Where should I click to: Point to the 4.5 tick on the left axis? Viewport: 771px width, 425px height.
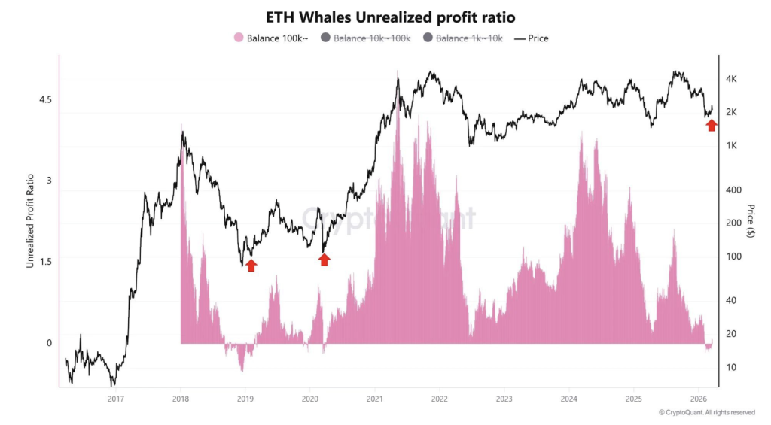coord(45,99)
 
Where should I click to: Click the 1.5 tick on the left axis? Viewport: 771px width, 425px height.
coord(45,262)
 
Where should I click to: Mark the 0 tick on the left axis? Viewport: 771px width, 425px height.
coord(49,343)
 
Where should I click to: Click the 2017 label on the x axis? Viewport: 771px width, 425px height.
coord(115,399)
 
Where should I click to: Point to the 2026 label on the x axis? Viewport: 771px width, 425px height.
coord(698,399)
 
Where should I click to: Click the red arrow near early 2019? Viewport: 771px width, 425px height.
coord(251,265)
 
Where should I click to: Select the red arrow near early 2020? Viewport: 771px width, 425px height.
coord(325,260)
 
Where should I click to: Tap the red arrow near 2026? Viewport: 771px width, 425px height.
coord(712,125)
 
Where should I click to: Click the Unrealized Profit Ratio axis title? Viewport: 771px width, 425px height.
coord(31,220)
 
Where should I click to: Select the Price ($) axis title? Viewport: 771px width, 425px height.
coord(751,220)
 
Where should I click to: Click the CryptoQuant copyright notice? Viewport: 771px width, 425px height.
coord(706,412)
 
